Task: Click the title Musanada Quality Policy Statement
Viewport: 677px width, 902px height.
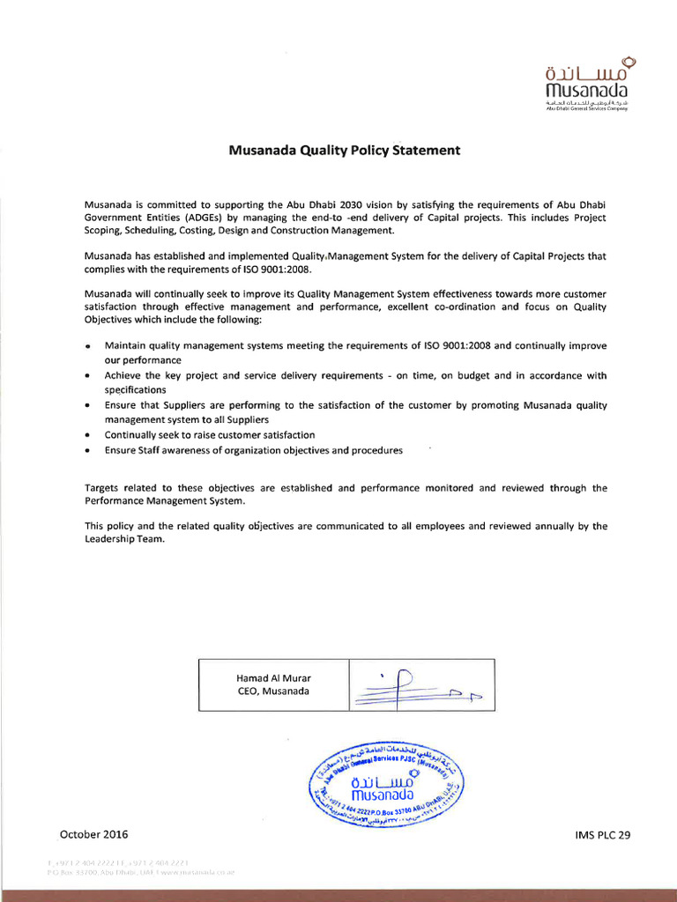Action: pos(345,150)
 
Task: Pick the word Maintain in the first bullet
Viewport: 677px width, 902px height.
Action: pos(124,346)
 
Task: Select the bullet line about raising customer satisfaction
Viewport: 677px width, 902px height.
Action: pos(210,435)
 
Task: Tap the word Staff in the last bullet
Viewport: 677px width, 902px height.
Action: pos(155,450)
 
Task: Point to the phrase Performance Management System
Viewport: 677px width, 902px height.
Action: pos(164,500)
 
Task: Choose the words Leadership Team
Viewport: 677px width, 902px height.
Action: pos(124,540)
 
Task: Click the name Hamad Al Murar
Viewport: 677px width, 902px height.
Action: pos(273,677)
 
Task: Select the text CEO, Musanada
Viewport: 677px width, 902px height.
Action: pos(273,691)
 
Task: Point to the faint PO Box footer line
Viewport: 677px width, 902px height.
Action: pos(141,871)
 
